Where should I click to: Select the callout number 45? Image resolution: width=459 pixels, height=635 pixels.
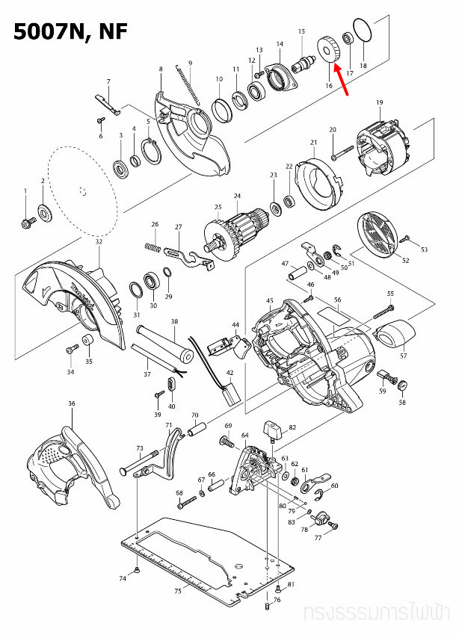tap(270, 301)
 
